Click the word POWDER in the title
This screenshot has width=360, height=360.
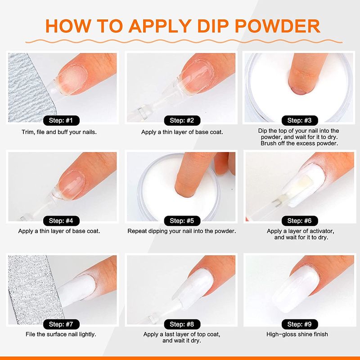click(x=277, y=26)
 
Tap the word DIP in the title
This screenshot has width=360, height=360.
click(x=213, y=26)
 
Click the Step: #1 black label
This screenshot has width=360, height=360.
click(x=61, y=121)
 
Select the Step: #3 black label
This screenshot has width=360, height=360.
click(x=300, y=121)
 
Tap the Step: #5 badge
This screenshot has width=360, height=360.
click(x=182, y=221)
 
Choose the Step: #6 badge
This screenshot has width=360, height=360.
click(x=300, y=221)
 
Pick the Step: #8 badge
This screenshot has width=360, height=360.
click(x=182, y=324)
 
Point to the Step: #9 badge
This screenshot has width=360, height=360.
click(x=300, y=324)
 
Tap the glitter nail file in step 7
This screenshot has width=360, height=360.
click(x=35, y=289)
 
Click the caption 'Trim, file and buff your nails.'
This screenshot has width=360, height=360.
click(x=59, y=132)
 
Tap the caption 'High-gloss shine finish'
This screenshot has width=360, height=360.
click(x=297, y=334)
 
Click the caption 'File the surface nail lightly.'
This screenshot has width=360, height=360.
click(x=61, y=334)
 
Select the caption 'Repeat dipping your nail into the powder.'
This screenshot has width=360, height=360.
click(x=182, y=231)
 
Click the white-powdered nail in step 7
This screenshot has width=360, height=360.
click(x=77, y=290)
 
